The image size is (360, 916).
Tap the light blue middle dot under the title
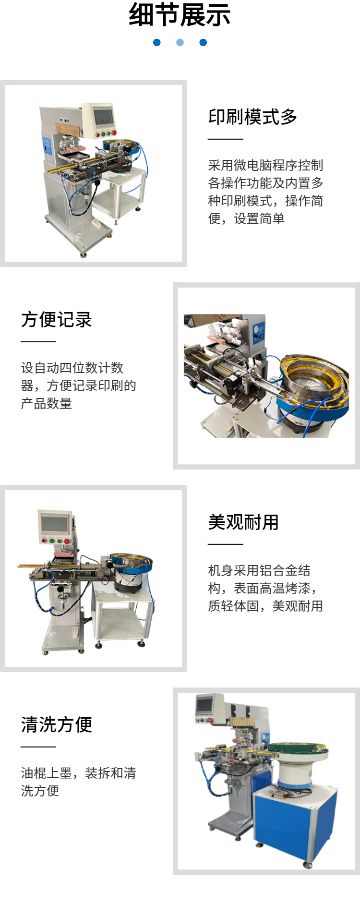[x=180, y=42]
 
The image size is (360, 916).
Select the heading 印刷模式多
[x=253, y=117]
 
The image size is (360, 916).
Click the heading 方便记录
[x=57, y=319]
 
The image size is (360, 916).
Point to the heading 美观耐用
[x=243, y=522]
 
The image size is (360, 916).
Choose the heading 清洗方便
[x=57, y=724]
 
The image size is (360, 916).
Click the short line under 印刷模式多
[x=226, y=139]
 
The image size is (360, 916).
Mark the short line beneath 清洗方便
[x=38, y=747]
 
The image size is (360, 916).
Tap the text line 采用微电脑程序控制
[x=266, y=165]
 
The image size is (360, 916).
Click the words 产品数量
[x=47, y=403]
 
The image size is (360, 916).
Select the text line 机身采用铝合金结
[x=259, y=570]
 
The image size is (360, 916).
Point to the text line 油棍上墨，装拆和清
[x=79, y=773]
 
